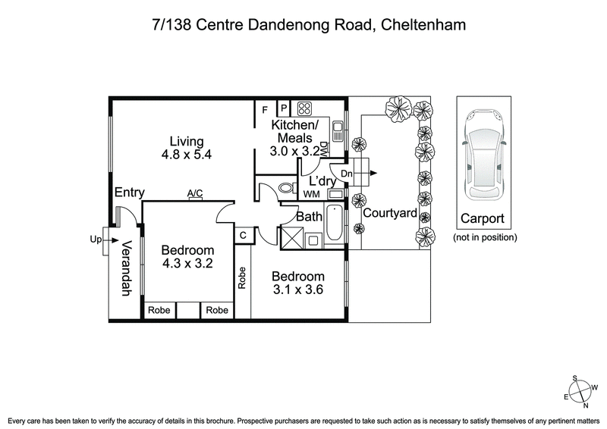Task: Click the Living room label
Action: coord(186,141)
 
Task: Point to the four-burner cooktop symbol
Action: coord(305,108)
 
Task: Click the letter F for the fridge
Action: coord(265,108)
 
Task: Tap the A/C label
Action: coord(195,194)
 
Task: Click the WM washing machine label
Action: coord(311,195)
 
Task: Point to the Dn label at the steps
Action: coord(348,174)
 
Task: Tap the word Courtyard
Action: coord(389,214)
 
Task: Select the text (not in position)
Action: coord(485,237)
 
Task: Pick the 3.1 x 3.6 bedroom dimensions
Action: coord(298,289)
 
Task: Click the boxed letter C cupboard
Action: coord(243,236)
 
